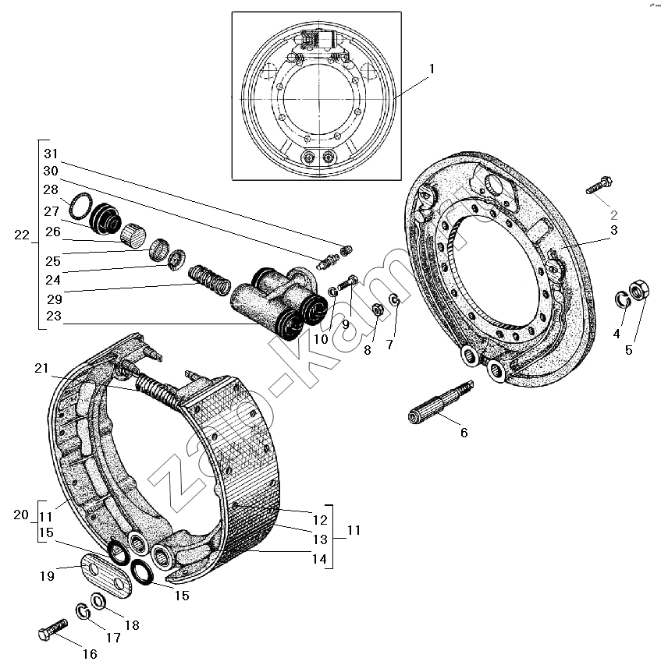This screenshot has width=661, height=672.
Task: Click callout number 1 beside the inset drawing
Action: click(x=432, y=69)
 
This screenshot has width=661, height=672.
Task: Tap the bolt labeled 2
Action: click(x=599, y=185)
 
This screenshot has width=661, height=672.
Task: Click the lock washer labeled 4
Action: click(x=623, y=299)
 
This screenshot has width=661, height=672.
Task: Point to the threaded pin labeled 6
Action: click(x=440, y=402)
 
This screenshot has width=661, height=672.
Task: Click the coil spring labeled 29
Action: click(x=209, y=281)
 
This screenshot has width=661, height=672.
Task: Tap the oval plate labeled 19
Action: click(x=106, y=575)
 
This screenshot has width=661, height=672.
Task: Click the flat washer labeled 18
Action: click(x=98, y=601)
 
